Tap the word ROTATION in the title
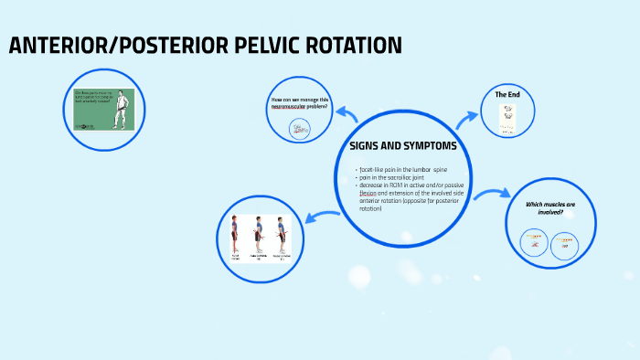[x=351, y=46]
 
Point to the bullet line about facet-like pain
[x=402, y=170]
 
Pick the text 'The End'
[x=507, y=94]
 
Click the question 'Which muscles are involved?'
[x=549, y=208]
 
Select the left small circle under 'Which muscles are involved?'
[x=533, y=241]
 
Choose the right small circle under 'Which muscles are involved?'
[x=565, y=242]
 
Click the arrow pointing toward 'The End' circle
[x=468, y=116]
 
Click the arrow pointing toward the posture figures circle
[x=322, y=217]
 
